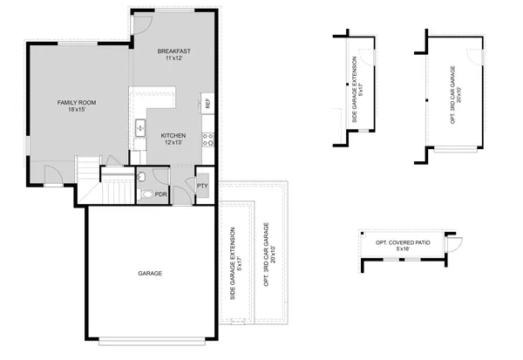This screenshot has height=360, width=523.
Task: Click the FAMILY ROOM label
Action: (x=76, y=103)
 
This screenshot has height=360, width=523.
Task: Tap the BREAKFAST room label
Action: (x=174, y=52)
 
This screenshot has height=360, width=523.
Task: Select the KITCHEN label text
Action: (x=173, y=135)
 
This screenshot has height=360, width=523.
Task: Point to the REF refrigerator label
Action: (x=207, y=104)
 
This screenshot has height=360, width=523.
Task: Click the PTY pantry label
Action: (x=202, y=186)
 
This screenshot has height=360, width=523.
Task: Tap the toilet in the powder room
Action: (x=146, y=194)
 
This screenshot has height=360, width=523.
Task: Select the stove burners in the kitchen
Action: (x=207, y=136)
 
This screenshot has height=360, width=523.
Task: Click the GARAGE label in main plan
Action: (x=149, y=274)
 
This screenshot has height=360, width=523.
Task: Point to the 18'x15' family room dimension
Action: (x=76, y=112)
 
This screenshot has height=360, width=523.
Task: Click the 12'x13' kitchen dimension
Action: (x=173, y=144)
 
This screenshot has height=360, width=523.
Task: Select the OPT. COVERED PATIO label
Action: (x=402, y=241)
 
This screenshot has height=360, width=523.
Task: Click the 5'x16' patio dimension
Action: (x=402, y=250)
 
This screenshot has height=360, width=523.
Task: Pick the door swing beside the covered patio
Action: (x=455, y=241)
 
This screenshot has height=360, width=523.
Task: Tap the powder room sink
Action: (x=141, y=175)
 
